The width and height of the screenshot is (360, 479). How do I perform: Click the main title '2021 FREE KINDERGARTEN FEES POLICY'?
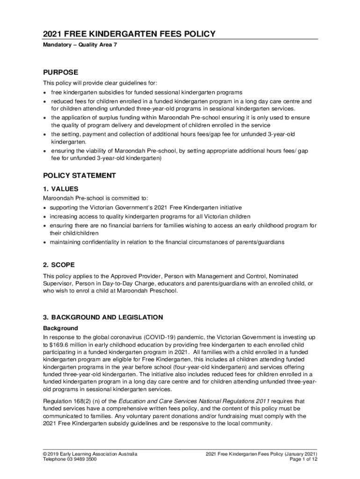pyautogui.click(x=129, y=34)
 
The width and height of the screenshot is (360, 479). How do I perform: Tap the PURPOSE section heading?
pyautogui.click(x=60, y=73)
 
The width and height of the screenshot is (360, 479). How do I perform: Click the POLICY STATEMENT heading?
pyautogui.click(x=79, y=175)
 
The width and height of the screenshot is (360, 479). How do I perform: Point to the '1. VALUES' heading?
pyautogui.click(x=61, y=189)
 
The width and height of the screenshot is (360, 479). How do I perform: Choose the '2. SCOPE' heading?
pyautogui.click(x=59, y=265)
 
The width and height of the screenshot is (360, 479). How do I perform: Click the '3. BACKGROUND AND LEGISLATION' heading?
pyautogui.click(x=103, y=317)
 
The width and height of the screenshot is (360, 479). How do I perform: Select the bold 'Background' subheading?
pyautogui.click(x=60, y=328)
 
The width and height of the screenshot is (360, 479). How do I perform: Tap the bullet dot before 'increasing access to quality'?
pyautogui.click(x=45, y=217)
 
